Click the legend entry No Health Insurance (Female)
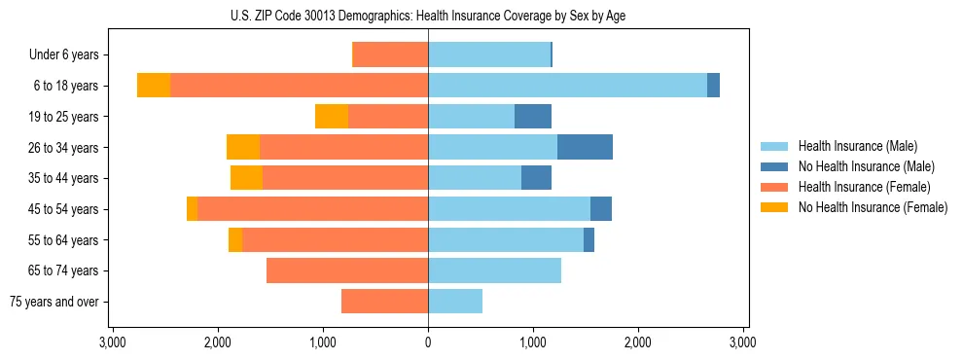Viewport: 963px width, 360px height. pyautogui.click(x=873, y=207)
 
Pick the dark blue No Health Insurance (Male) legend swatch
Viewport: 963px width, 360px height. pyautogui.click(x=774, y=166)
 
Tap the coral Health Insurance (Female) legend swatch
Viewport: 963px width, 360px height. pyautogui.click(x=774, y=187)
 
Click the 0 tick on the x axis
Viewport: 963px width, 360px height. pyautogui.click(x=428, y=343)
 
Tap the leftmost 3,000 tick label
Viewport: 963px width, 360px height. pyautogui.click(x=113, y=343)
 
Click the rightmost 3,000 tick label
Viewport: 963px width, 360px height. pyautogui.click(x=743, y=343)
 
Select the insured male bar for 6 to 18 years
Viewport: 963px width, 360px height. pyautogui.click(x=567, y=86)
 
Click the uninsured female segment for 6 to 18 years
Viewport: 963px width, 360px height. pyautogui.click(x=154, y=86)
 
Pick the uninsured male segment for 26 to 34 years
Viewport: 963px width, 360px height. pyautogui.click(x=585, y=147)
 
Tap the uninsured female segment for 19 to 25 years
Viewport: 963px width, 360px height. pyautogui.click(x=332, y=117)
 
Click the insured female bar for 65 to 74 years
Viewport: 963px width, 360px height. pyautogui.click(x=347, y=270)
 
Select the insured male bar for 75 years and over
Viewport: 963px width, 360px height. pyautogui.click(x=455, y=302)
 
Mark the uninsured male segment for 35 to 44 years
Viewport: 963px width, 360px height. pyautogui.click(x=536, y=178)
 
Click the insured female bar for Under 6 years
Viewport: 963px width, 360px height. pyautogui.click(x=390, y=54)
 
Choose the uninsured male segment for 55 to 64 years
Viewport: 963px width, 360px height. pyautogui.click(x=588, y=239)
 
